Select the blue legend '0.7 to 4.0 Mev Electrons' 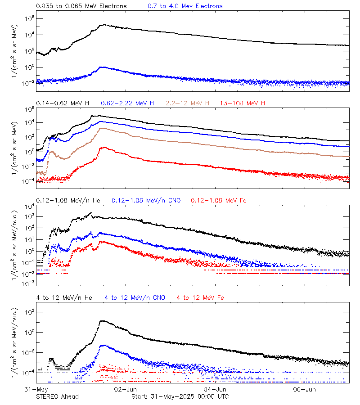185,6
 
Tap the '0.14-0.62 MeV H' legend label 63,103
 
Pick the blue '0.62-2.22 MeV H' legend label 128,103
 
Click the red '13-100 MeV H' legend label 243,103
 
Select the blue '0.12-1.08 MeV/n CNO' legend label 146,200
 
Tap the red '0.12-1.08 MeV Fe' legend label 219,200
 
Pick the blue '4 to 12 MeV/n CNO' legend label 135,297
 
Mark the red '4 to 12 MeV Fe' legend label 200,297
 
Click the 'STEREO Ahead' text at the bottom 57,396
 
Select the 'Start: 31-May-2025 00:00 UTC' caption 180,396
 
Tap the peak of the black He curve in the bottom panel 103,321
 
